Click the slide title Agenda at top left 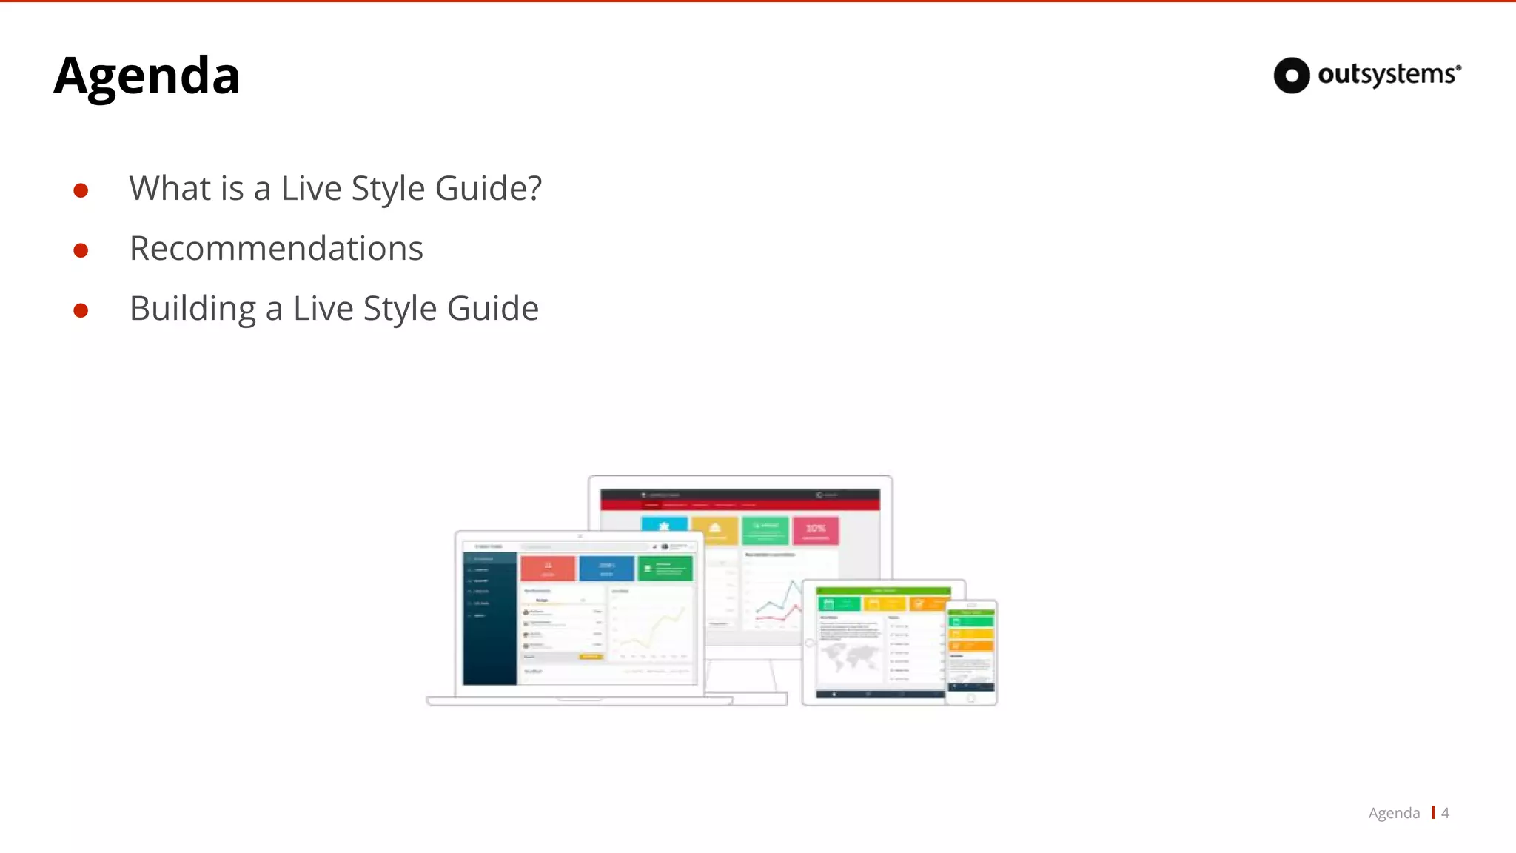point(147,76)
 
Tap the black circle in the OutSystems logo point(1292,76)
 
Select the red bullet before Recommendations point(81,250)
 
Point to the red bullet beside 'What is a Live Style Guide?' point(81,190)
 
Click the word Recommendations point(276,248)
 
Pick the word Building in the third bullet point(192,309)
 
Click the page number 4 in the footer point(1445,813)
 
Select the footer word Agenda point(1394,813)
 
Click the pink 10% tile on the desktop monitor point(815,530)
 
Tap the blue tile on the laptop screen point(606,568)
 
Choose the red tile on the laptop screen point(548,568)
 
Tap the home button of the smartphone point(971,698)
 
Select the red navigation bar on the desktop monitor point(740,505)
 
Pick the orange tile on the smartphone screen point(971,646)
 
